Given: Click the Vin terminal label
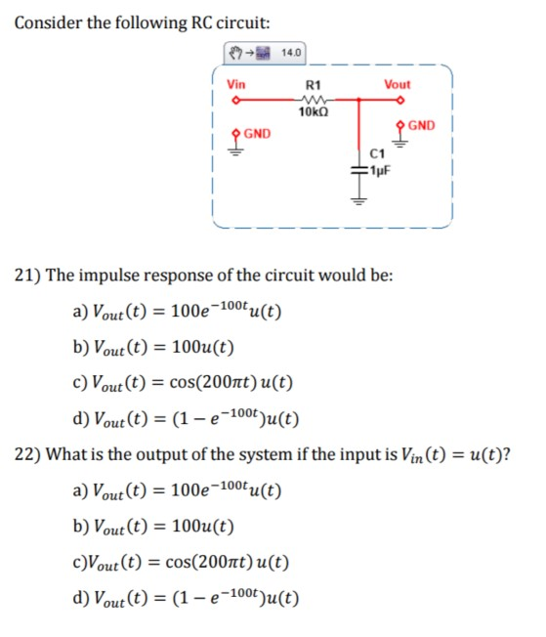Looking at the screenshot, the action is click(x=236, y=84).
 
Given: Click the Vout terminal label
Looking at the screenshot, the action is click(x=398, y=84).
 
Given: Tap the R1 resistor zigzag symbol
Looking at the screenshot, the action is click(x=315, y=99).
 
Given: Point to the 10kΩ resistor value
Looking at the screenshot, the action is click(x=314, y=111).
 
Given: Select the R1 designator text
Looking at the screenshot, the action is click(x=313, y=85).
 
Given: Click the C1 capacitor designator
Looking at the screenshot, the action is click(x=377, y=153).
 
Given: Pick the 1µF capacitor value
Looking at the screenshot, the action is click(x=379, y=171).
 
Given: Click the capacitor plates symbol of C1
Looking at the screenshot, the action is click(x=358, y=171).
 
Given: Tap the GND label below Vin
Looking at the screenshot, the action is click(x=257, y=134).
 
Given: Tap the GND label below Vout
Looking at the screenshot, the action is click(x=421, y=125).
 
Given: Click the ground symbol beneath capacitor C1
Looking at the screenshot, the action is click(x=358, y=200).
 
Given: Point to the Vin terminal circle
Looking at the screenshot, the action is click(x=234, y=100).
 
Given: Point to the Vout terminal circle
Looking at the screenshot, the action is click(x=400, y=100).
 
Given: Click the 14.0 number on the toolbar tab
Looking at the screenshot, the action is click(x=291, y=53).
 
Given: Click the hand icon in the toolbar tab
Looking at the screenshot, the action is click(x=235, y=53).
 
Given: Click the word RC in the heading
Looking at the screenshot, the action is click(x=201, y=22).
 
